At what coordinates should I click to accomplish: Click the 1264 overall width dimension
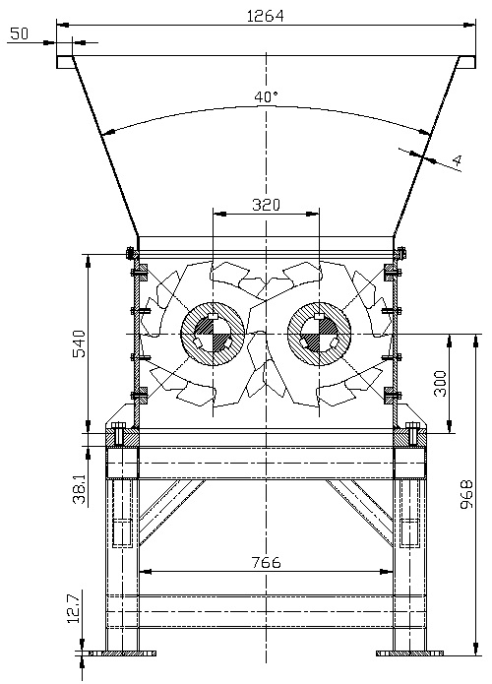pyautogui.click(x=266, y=16)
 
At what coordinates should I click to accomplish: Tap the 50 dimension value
pyautogui.click(x=19, y=33)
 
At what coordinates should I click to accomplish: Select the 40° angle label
pyautogui.click(x=266, y=96)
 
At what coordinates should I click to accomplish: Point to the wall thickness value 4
pyautogui.click(x=457, y=161)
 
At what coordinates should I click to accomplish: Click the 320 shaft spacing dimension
pyautogui.click(x=266, y=205)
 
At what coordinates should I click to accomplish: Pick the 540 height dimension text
pyautogui.click(x=80, y=343)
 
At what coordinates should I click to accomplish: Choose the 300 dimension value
pyautogui.click(x=441, y=384)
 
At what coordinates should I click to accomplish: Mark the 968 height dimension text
pyautogui.click(x=466, y=494)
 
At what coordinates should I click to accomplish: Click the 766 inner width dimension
pyautogui.click(x=266, y=562)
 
